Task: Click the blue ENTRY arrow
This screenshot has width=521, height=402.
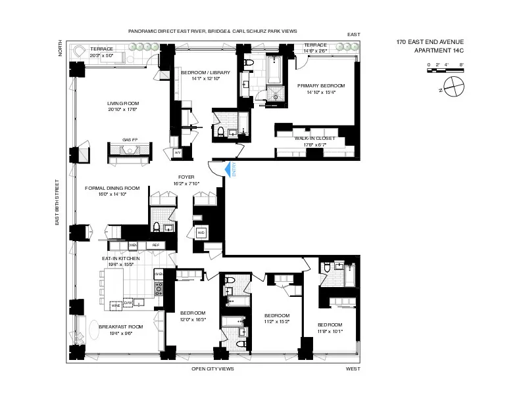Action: click(228, 169)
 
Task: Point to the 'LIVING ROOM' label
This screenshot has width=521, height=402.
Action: click(123, 103)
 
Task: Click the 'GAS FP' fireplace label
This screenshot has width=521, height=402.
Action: click(130, 139)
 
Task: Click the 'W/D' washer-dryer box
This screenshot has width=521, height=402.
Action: click(201, 233)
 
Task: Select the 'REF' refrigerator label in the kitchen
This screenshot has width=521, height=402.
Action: click(155, 245)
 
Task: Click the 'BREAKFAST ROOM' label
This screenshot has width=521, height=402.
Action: click(120, 326)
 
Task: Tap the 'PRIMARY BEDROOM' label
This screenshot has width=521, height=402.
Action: click(320, 85)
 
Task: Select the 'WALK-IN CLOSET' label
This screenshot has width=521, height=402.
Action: click(306, 139)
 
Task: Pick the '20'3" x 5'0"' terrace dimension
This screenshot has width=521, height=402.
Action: click(101, 55)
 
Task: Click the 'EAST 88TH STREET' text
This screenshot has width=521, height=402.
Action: click(58, 202)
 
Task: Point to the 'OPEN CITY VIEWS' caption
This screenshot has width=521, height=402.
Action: click(212, 368)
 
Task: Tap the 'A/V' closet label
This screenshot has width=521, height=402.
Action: click(177, 152)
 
